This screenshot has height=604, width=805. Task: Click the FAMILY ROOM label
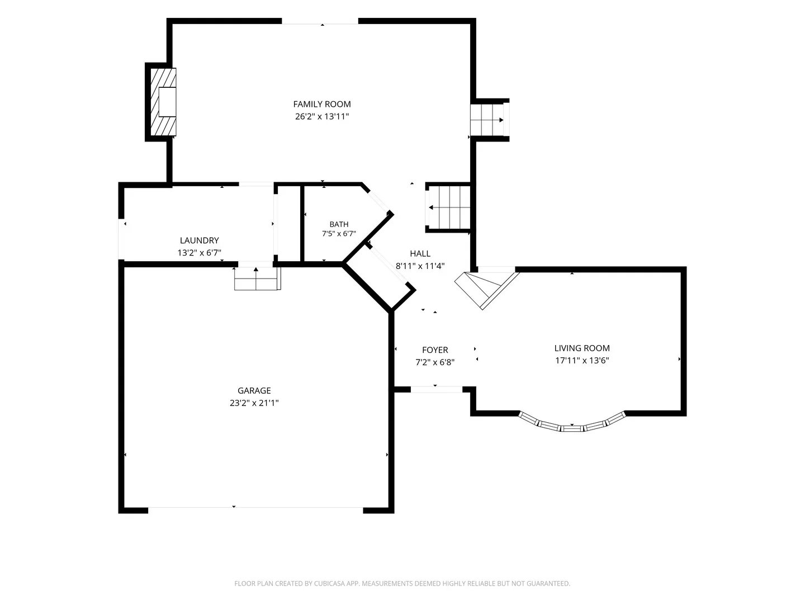click(321, 104)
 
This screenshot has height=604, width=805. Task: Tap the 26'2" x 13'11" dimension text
click(321, 117)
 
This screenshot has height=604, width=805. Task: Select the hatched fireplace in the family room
click(163, 102)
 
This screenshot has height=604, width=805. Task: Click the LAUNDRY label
click(199, 240)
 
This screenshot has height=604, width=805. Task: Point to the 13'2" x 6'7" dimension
click(199, 253)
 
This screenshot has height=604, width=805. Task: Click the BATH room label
click(339, 224)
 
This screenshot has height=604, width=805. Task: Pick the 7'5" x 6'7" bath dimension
click(339, 234)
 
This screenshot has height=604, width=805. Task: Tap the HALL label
click(420, 253)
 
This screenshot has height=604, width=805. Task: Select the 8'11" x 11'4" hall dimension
click(420, 266)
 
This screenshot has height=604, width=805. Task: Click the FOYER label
click(435, 350)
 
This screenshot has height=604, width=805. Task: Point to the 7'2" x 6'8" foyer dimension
click(435, 362)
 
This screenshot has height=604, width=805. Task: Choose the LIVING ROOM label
click(581, 348)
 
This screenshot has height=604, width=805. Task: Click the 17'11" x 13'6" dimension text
click(581, 361)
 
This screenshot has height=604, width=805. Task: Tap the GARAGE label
click(254, 390)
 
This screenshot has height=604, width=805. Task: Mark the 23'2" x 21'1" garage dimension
click(254, 403)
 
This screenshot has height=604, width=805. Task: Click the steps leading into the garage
click(258, 279)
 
